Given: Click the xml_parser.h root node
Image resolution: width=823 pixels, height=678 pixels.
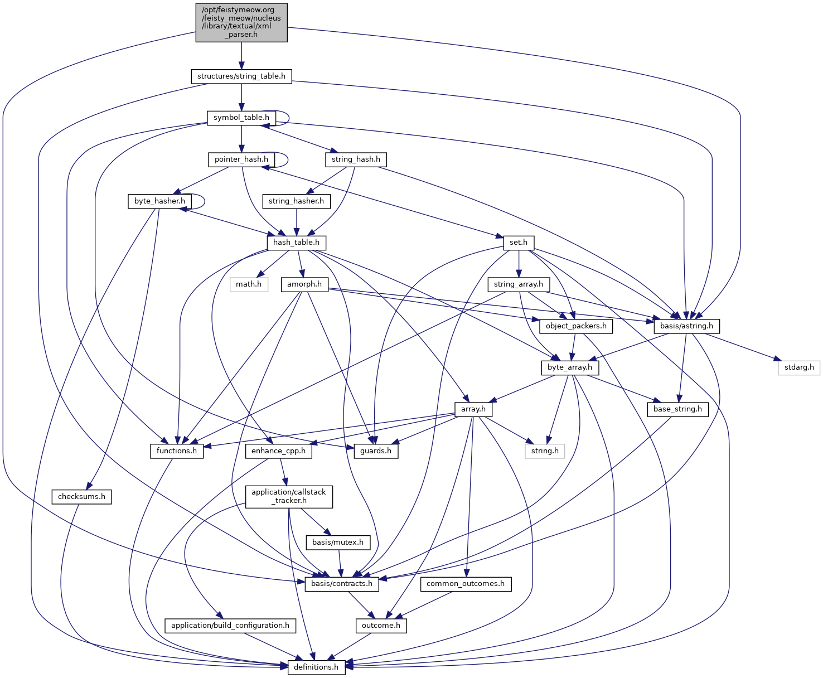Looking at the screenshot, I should tap(241, 22).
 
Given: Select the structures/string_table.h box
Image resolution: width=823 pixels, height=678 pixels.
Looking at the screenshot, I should tap(241, 76).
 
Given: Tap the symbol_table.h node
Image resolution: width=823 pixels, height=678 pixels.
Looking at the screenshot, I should tap(241, 118).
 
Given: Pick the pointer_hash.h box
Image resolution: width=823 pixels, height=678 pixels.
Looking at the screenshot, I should tap(241, 159).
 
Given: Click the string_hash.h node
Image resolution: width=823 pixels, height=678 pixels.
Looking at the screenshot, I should tap(356, 159).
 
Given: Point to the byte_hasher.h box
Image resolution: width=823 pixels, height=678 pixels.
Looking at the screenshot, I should tap(159, 201).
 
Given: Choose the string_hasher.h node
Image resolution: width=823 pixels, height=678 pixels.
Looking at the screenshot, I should tap(296, 201).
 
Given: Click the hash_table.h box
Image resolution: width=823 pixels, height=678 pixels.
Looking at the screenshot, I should tap(296, 243).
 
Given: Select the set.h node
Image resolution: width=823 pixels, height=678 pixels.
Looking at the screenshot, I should tap(519, 243).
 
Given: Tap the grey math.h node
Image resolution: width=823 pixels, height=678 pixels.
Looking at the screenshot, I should tap(249, 284).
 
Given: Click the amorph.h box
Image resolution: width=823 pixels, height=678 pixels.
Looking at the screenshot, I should tap(304, 284).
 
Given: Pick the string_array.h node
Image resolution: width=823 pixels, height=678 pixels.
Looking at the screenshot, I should tap(519, 284).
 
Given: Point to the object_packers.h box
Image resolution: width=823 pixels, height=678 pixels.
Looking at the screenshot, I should tap(576, 326).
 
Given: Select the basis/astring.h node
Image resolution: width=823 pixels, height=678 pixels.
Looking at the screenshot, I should tap(686, 326).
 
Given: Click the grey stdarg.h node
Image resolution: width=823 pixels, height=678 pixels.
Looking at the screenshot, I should tap(799, 367).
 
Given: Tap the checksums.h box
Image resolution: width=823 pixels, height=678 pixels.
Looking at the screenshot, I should tap(82, 497).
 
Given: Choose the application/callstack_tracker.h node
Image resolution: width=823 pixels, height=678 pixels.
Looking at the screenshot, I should tap(289, 496).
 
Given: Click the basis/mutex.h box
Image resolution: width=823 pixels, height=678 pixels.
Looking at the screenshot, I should tap(338, 542).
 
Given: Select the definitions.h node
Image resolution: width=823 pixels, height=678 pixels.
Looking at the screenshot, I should tap(316, 667).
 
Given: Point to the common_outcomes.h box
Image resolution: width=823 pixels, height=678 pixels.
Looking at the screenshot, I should tap(466, 584).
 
